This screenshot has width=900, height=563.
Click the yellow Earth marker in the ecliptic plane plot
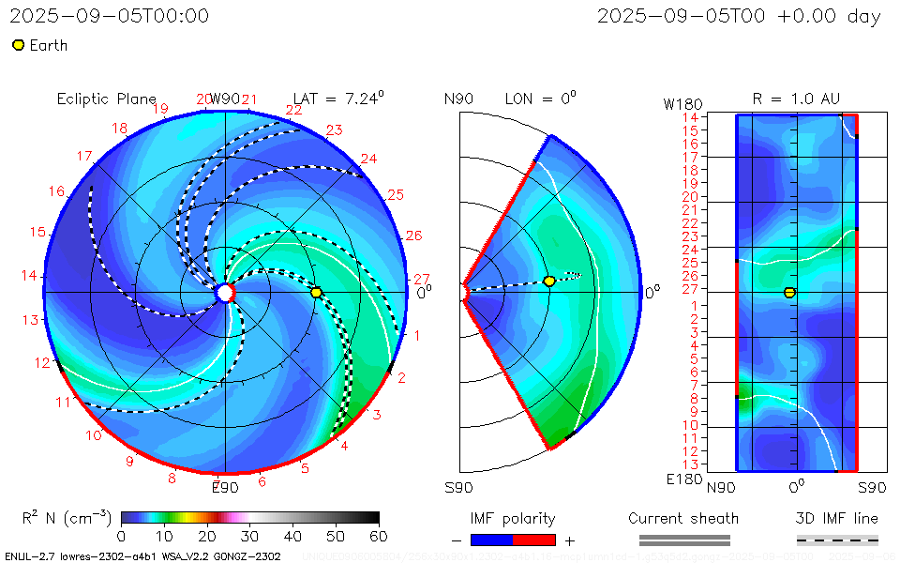point(316,293)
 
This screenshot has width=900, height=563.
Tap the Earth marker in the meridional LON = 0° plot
point(549,281)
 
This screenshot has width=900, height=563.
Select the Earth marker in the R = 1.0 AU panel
point(789,293)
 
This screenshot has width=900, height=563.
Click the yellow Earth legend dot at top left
point(18,45)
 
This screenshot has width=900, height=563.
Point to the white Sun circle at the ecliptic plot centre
point(225,293)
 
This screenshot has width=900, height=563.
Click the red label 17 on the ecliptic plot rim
point(84,157)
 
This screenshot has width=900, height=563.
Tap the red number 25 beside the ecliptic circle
point(395,195)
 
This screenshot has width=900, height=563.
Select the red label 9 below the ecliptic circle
point(129,461)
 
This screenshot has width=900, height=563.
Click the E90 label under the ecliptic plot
point(225,487)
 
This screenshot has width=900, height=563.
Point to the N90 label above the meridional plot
point(458,99)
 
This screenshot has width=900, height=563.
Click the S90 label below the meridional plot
point(458,487)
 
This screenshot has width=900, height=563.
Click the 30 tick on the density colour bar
point(250,536)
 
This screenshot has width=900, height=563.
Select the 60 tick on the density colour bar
point(379,536)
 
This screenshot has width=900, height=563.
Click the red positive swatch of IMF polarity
point(534,540)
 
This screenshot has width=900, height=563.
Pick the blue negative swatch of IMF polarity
point(491,540)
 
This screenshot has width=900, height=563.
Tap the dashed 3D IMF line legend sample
point(837,540)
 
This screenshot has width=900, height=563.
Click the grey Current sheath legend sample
point(683,540)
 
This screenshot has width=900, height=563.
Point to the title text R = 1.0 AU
point(796,99)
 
